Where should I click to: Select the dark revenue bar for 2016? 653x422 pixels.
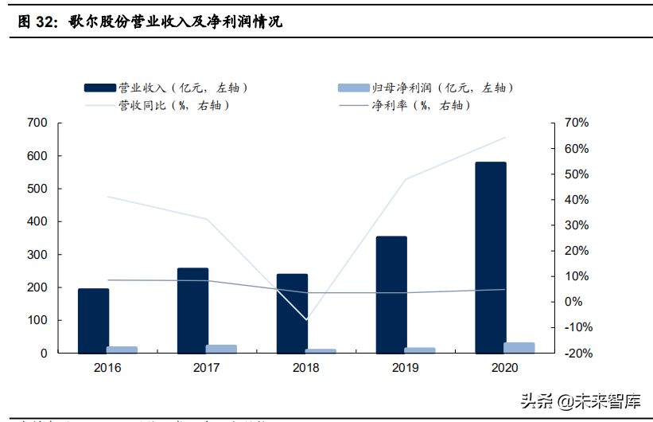tap(93, 320)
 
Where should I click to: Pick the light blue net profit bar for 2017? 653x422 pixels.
tap(221, 349)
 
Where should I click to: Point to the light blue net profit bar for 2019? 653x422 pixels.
tap(420, 350)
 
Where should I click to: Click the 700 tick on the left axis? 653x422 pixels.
tap(37, 123)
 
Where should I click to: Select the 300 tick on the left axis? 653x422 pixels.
tap(37, 255)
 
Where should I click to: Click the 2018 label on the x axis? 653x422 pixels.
tap(306, 368)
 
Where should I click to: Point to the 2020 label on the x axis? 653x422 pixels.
tap(505, 368)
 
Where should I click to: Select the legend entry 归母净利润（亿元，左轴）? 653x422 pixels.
tap(426, 87)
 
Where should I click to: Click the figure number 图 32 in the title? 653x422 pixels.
tap(37, 22)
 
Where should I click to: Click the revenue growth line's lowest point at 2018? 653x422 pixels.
tap(306, 320)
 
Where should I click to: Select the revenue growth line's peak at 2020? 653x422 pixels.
tap(505, 137)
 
